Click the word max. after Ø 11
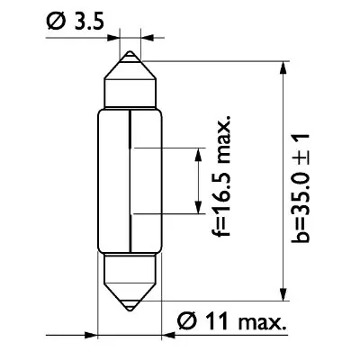(259, 319)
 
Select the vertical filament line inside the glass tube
(132, 171)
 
